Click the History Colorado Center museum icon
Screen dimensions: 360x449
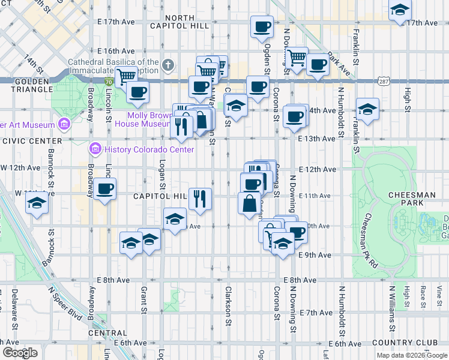pyautogui.click(x=94, y=149)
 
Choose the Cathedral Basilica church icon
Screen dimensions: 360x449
pyautogui.click(x=169, y=65)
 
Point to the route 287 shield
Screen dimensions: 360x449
pyautogui.click(x=384, y=80)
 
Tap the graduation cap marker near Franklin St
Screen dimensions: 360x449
pyautogui.click(x=367, y=109)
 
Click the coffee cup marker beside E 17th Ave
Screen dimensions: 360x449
pyautogui.click(x=262, y=26)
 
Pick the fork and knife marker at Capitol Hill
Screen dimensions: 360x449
pyautogui.click(x=200, y=197)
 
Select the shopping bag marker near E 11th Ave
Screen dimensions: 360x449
pyautogui.click(x=250, y=203)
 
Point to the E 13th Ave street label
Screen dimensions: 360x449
pyautogui.click(x=316, y=139)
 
